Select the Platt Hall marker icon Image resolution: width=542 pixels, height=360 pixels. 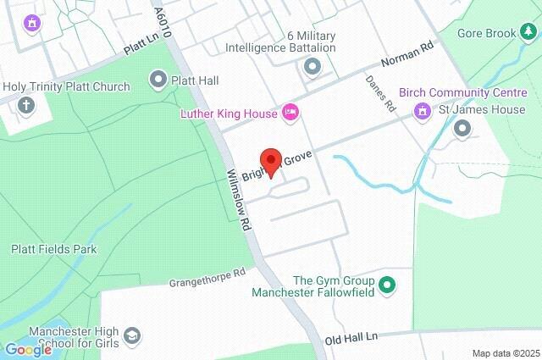[x=158, y=80]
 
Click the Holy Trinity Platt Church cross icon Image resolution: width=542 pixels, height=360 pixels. [x=26, y=106]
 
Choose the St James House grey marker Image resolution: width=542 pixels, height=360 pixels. [x=462, y=129]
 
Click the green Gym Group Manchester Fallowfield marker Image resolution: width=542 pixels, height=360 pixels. [x=387, y=285]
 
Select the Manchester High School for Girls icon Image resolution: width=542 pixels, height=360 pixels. [x=132, y=337]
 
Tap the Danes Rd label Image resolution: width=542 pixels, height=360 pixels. [x=380, y=94]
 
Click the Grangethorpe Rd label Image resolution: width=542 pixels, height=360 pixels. [x=207, y=277]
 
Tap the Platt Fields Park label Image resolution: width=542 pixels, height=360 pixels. [x=54, y=250]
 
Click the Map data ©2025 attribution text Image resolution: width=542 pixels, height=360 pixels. [x=505, y=353]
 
